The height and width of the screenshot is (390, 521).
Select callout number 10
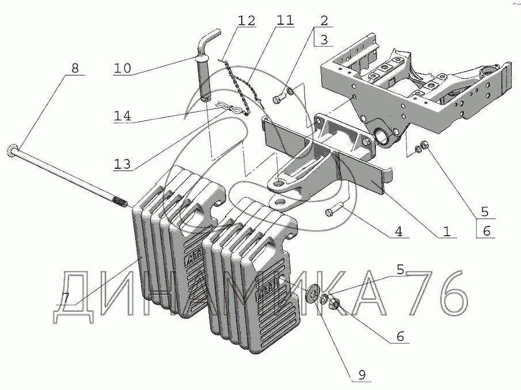tap(122, 68)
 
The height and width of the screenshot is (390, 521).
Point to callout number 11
tap(284, 21)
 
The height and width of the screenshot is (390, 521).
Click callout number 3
tap(324, 40)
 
